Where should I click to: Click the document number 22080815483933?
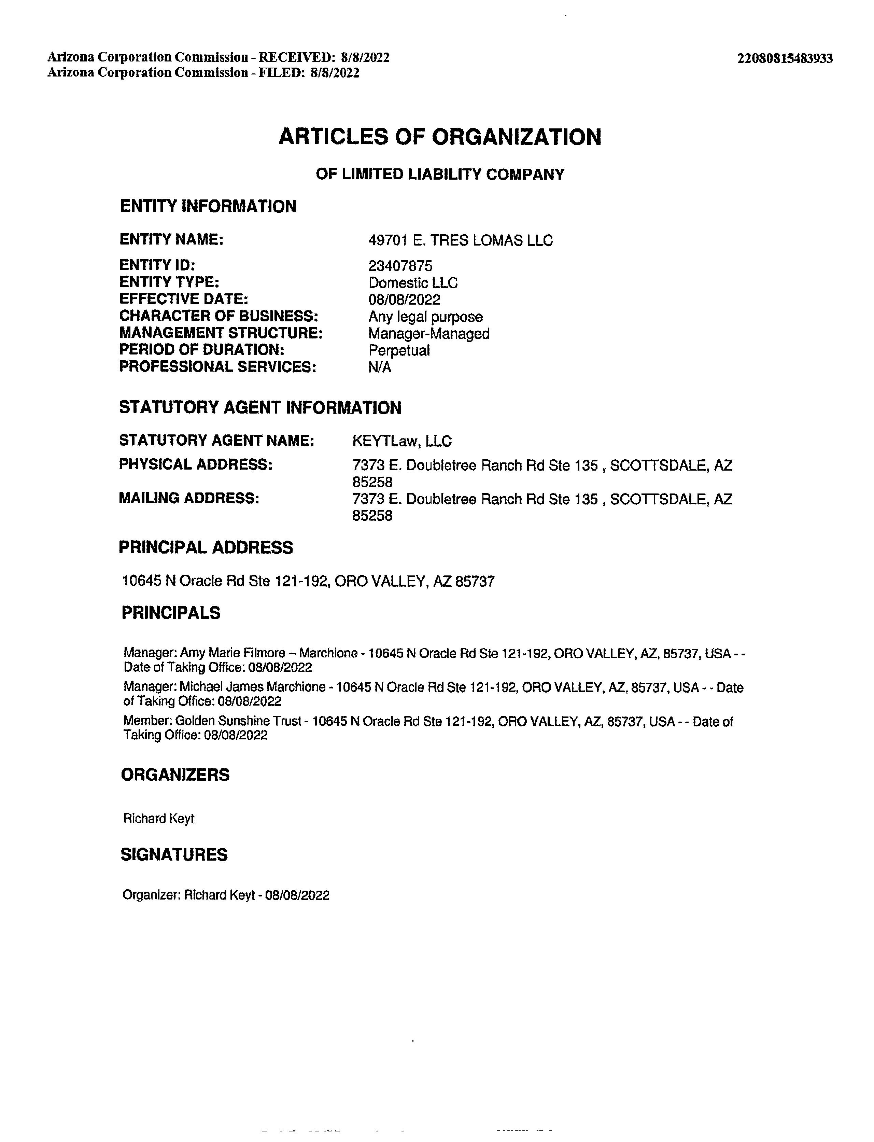click(785, 58)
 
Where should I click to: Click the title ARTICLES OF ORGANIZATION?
click(440, 137)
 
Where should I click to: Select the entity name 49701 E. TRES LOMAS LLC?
click(461, 240)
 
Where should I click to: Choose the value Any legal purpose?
click(425, 317)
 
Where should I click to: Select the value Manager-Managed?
click(429, 334)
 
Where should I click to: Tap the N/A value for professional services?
click(380, 367)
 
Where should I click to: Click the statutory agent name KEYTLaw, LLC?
click(401, 441)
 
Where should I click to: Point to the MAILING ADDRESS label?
click(189, 498)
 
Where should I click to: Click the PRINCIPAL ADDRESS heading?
click(206, 547)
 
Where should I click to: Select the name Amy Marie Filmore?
click(232, 653)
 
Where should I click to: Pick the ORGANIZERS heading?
click(175, 775)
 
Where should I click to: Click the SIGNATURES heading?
click(174, 855)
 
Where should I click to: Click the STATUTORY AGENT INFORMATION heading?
click(260, 407)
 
